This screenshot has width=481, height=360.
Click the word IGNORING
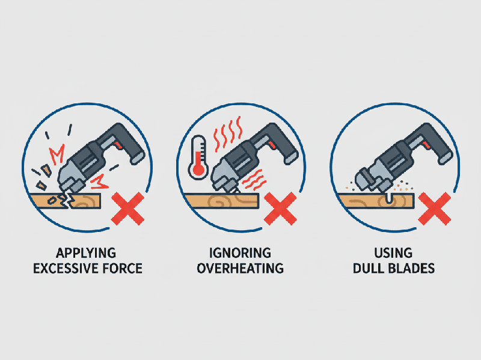coord(240,252)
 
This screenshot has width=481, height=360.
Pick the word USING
coord(393,252)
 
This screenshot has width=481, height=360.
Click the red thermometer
coord(196,157)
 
